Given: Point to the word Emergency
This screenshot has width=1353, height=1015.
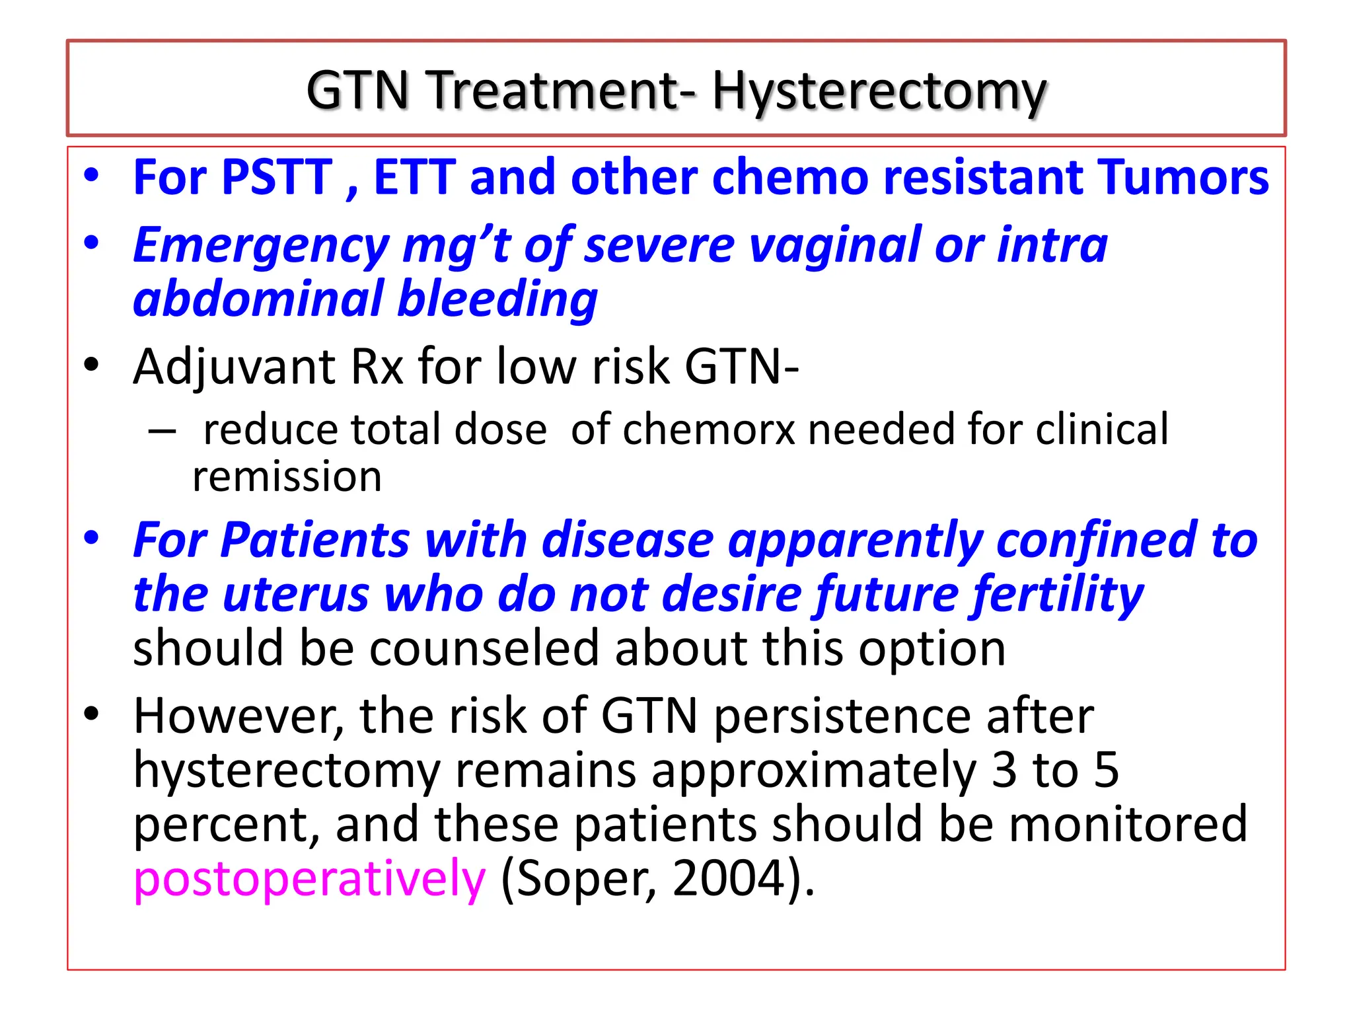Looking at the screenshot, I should (261, 246).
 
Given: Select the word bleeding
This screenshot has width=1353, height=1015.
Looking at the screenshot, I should (497, 299).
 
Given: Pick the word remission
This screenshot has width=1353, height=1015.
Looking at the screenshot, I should (287, 476).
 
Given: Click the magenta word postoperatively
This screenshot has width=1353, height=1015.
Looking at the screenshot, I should (309, 879).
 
